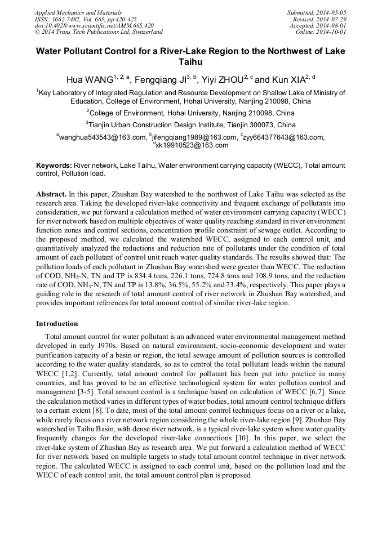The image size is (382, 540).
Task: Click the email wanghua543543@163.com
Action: coord(102,137)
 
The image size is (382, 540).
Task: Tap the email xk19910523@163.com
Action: coord(192,145)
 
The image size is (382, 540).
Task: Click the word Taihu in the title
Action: coord(191,62)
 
